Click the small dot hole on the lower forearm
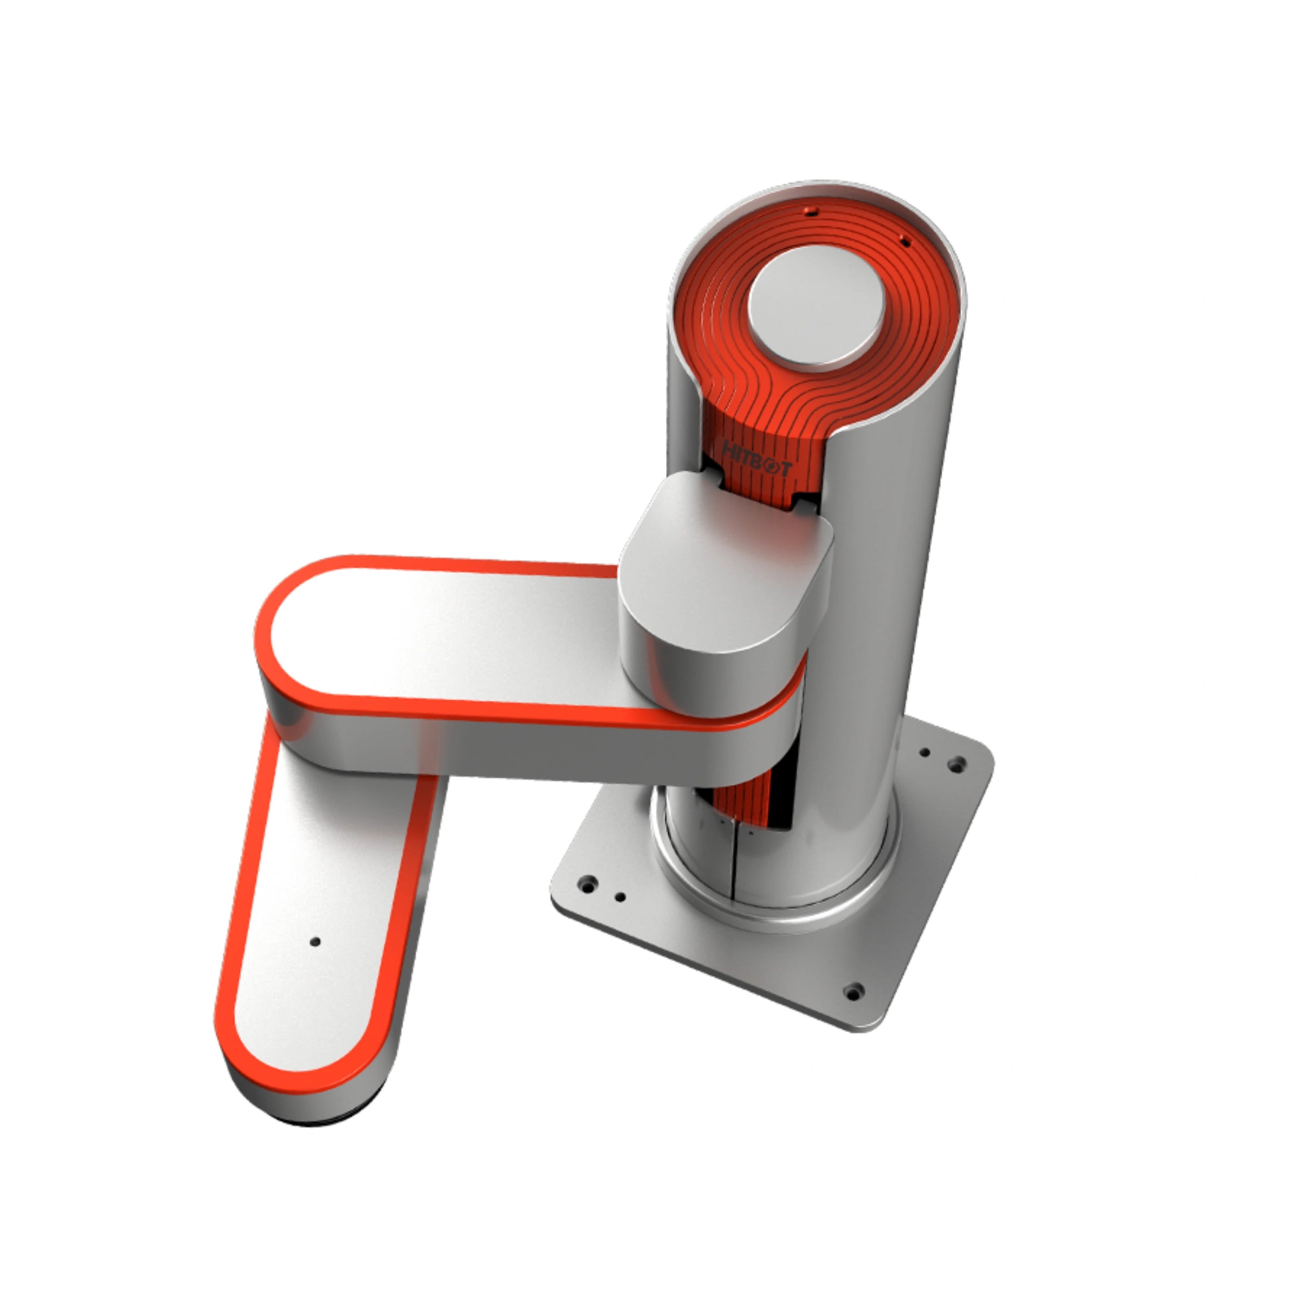click(315, 941)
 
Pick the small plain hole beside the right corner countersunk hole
click(925, 752)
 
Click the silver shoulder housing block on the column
click(725, 580)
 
